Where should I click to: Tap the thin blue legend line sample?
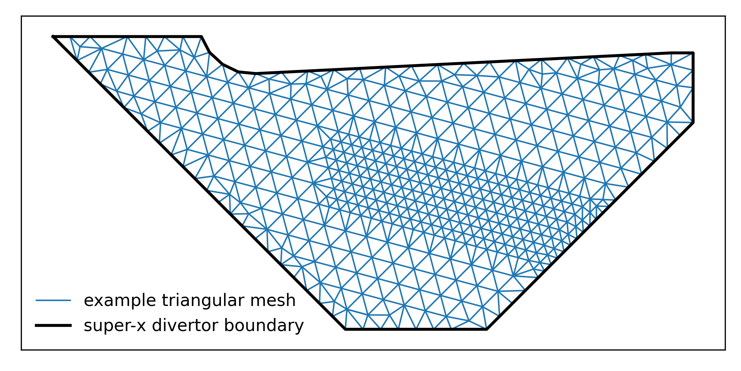pyautogui.click(x=53, y=301)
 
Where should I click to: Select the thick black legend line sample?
pyautogui.click(x=53, y=325)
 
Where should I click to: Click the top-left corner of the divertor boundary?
pyautogui.click(x=53, y=36)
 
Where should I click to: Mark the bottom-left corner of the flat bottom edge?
pyautogui.click(x=345, y=329)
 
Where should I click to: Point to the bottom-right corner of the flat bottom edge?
pyautogui.click(x=487, y=329)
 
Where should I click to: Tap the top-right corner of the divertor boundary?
pyautogui.click(x=693, y=53)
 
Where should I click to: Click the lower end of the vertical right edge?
pyautogui.click(x=693, y=123)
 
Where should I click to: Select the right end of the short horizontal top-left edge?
pyautogui.click(x=201, y=36)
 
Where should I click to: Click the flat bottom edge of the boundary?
pyautogui.click(x=416, y=329)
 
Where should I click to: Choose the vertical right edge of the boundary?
pyautogui.click(x=693, y=88)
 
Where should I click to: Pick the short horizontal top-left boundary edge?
pyautogui.click(x=127, y=36)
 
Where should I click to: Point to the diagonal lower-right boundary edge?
pyautogui.click(x=589, y=226)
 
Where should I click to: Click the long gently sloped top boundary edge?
pyautogui.click(x=459, y=63)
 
